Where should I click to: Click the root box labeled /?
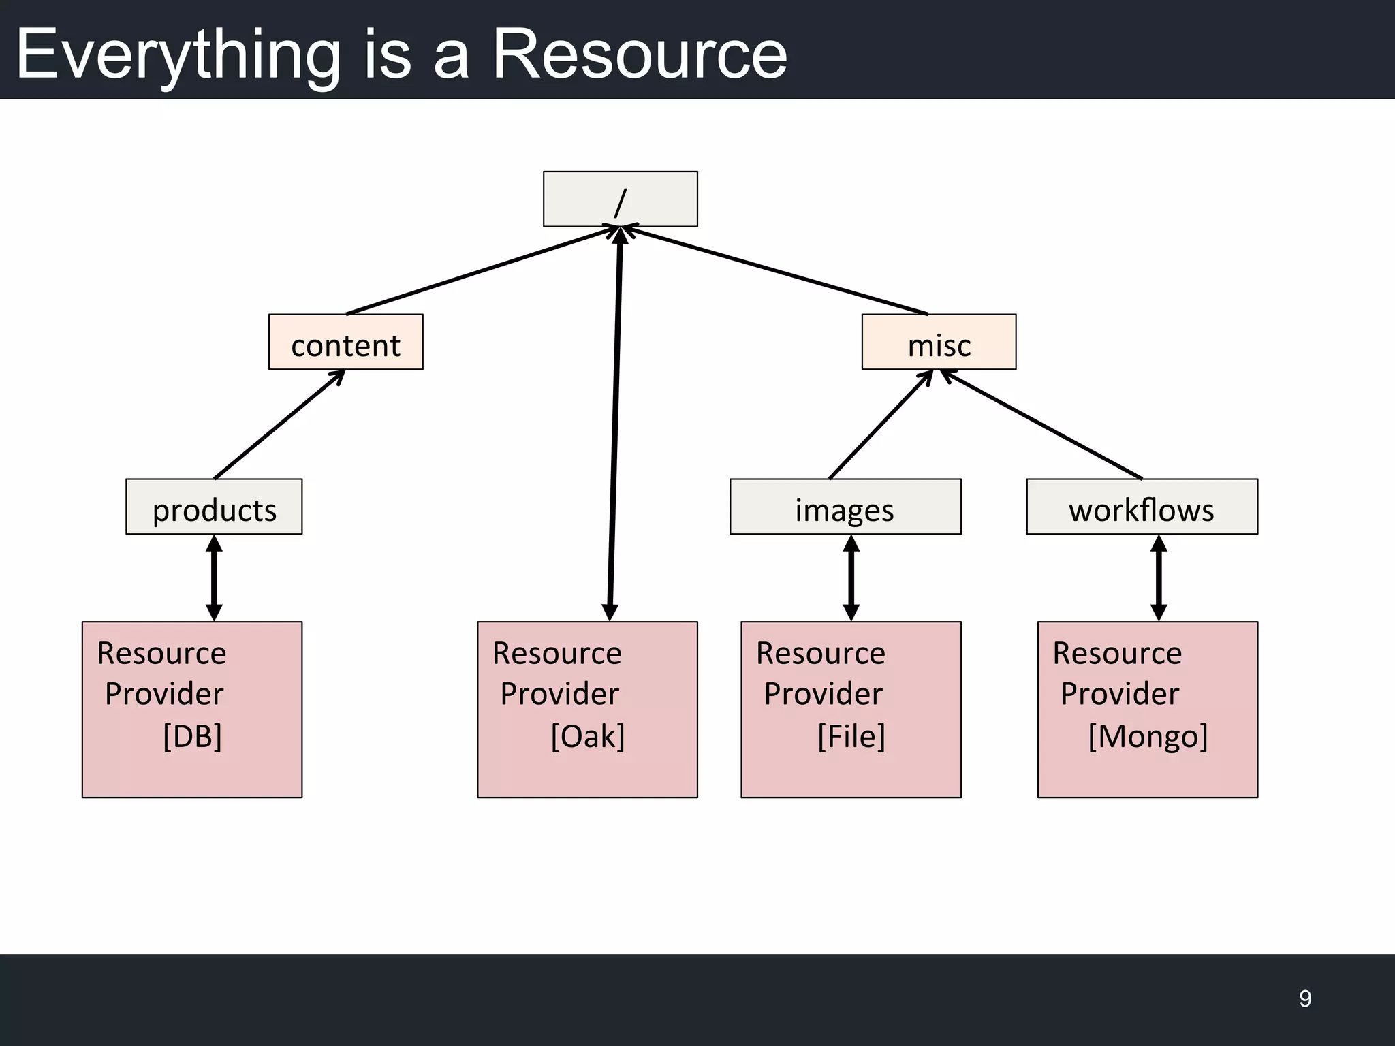click(x=620, y=199)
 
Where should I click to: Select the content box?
click(x=345, y=343)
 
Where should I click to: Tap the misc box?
click(x=939, y=343)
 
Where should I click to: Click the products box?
click(x=214, y=507)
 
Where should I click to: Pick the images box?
click(x=845, y=507)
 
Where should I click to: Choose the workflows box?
click(x=1142, y=507)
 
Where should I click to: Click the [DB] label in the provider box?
click(x=192, y=736)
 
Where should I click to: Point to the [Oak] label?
click(x=587, y=736)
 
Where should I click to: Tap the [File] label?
click(x=851, y=736)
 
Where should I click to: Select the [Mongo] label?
click(x=1148, y=736)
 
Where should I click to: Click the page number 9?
click(x=1305, y=998)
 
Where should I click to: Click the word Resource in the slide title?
click(x=639, y=54)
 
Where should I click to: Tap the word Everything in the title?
click(x=177, y=54)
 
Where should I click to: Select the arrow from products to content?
click(x=279, y=425)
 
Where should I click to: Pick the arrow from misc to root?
click(x=777, y=271)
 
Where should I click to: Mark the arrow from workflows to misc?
click(x=1042, y=425)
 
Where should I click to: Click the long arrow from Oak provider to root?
click(x=615, y=422)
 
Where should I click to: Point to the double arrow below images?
click(x=851, y=577)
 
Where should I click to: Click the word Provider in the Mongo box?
click(x=1119, y=694)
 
